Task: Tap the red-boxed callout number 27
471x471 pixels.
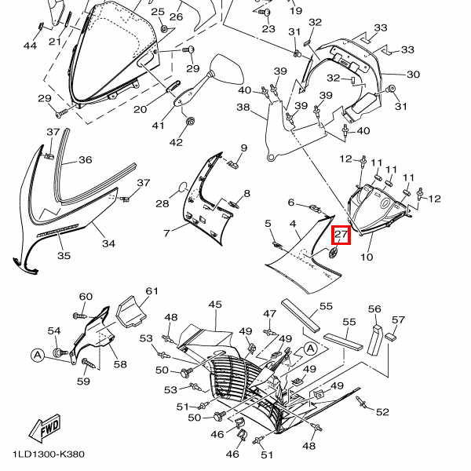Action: (341, 234)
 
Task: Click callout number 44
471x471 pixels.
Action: (30, 46)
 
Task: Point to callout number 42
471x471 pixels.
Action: (177, 142)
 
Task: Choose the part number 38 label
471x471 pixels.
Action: (243, 108)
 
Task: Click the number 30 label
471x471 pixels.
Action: (413, 75)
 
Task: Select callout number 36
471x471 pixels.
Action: (85, 160)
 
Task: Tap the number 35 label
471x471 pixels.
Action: (64, 256)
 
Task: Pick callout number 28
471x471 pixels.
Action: (162, 204)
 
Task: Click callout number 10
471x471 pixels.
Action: (367, 257)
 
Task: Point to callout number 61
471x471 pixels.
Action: (152, 290)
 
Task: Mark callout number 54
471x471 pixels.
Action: (54, 330)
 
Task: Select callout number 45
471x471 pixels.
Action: (215, 304)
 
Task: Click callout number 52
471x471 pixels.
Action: (382, 412)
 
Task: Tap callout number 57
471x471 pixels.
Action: (399, 319)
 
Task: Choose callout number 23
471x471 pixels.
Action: (268, 29)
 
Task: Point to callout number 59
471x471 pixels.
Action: (83, 382)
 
